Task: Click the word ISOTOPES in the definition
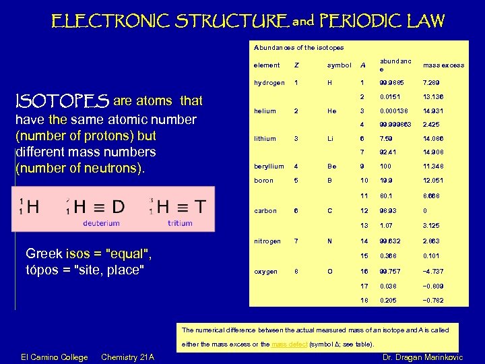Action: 62,102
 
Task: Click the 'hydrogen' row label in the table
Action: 269,82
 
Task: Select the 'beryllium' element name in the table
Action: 269,166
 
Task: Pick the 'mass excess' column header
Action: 443,65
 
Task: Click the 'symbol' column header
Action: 339,65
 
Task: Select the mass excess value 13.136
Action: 433,96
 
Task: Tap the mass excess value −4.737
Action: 434,272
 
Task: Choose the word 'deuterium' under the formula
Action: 101,223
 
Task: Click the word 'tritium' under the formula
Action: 180,223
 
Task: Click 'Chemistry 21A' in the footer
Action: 127,357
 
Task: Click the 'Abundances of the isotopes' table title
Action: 298,48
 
